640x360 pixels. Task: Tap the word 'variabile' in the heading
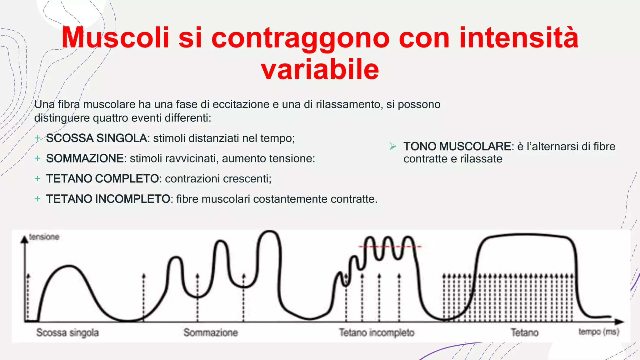pyautogui.click(x=320, y=69)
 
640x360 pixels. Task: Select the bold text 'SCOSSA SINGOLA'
pyautogui.click(x=97, y=138)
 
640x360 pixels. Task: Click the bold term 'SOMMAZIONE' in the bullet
pyautogui.click(x=85, y=158)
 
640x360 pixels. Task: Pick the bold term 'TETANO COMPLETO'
pyautogui.click(x=102, y=179)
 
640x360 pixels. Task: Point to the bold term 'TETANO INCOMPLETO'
pyautogui.click(x=108, y=199)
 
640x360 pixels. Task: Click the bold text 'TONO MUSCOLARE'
pyautogui.click(x=457, y=146)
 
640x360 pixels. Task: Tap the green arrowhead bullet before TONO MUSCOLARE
pyautogui.click(x=393, y=146)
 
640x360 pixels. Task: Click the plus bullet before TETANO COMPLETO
pyautogui.click(x=37, y=179)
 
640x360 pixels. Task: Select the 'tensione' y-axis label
pyautogui.click(x=44, y=237)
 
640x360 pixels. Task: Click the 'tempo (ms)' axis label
pyautogui.click(x=598, y=332)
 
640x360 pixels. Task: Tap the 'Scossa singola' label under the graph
pyautogui.click(x=67, y=332)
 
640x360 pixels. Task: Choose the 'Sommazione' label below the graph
pyautogui.click(x=210, y=332)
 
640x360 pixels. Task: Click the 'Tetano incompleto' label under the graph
pyautogui.click(x=377, y=332)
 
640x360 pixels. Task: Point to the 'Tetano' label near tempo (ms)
pyautogui.click(x=524, y=332)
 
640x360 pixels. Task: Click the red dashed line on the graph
pyautogui.click(x=390, y=247)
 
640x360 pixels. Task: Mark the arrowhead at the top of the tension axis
pyautogui.click(x=24, y=239)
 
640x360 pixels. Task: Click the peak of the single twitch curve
pyautogui.click(x=69, y=266)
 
